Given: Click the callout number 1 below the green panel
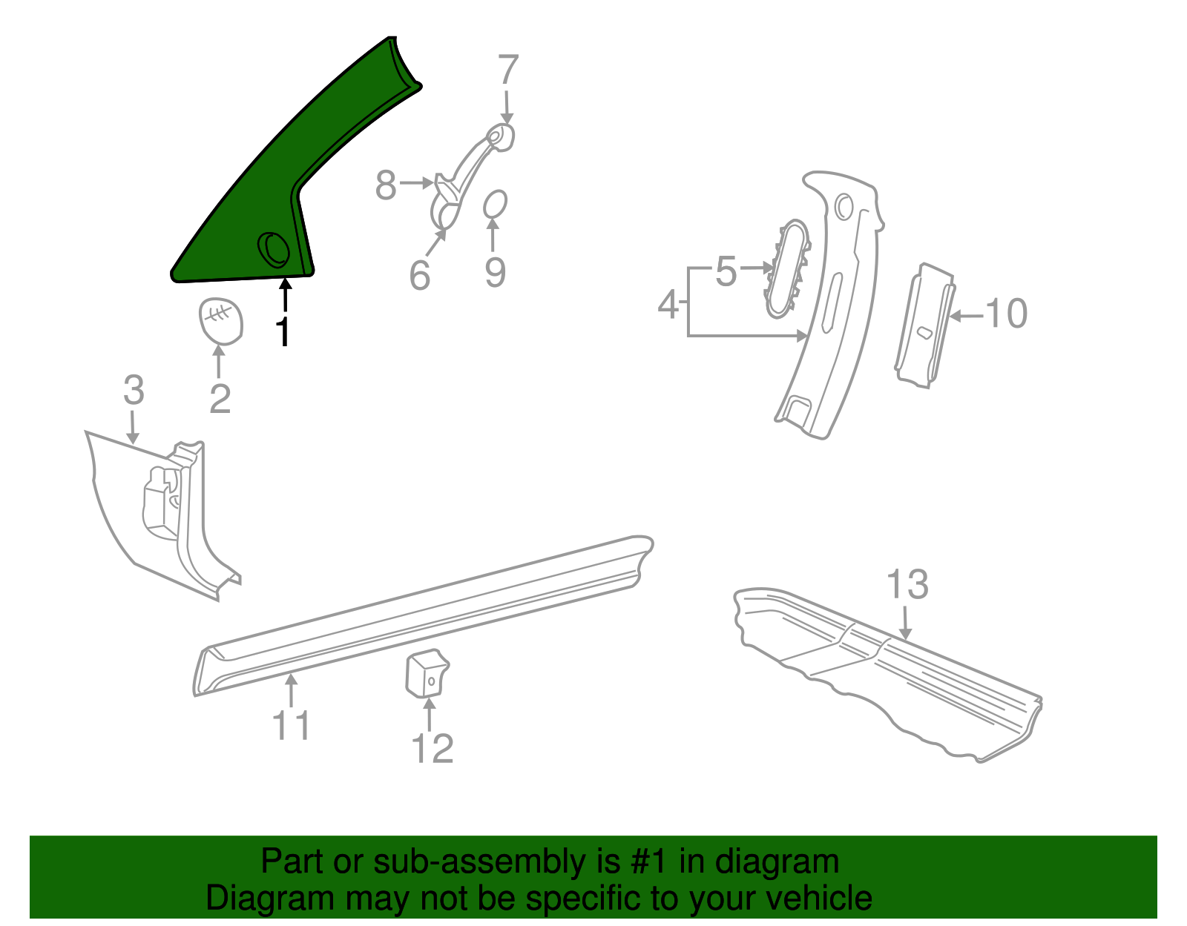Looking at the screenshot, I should pyautogui.click(x=283, y=331).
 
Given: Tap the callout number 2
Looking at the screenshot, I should pyautogui.click(x=220, y=398).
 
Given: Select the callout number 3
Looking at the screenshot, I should pyautogui.click(x=134, y=390).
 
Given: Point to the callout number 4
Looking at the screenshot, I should pyautogui.click(x=668, y=305).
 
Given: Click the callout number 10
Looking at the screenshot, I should pyautogui.click(x=1006, y=313).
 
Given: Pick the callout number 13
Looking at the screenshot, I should pyautogui.click(x=907, y=585).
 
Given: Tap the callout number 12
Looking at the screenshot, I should pyautogui.click(x=432, y=748).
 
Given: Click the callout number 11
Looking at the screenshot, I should pyautogui.click(x=291, y=724).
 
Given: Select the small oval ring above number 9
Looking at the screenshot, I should pyautogui.click(x=495, y=205).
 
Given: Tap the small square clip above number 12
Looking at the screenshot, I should pyautogui.click(x=426, y=673).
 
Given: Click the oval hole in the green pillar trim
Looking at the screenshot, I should pyautogui.click(x=274, y=249).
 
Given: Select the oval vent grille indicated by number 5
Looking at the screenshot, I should pyautogui.click(x=786, y=268).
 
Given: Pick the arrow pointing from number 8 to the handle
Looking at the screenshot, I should pyautogui.click(x=417, y=182).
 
